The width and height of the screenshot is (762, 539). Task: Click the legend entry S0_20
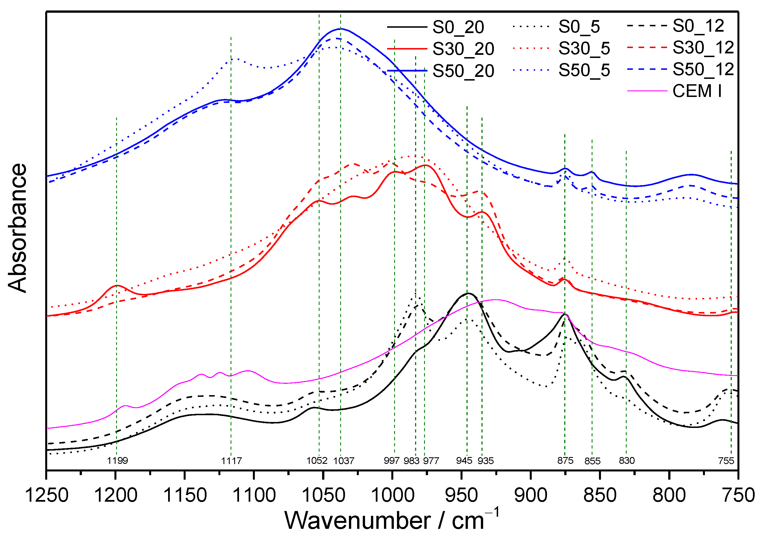coord(458,27)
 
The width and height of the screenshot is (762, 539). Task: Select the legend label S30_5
coord(584,49)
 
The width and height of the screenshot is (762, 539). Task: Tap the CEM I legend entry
coord(697,91)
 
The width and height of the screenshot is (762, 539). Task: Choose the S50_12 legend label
coord(703,70)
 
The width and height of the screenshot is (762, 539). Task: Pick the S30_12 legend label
coord(703,47)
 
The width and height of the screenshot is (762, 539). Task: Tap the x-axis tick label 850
coord(600,495)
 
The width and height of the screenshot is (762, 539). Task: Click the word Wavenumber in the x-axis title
coord(357,520)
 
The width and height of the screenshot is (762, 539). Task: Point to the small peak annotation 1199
coord(117,460)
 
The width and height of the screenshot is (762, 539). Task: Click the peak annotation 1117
coord(231,461)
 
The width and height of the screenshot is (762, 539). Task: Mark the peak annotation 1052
coord(317,460)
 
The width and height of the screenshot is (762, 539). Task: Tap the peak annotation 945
coord(464,460)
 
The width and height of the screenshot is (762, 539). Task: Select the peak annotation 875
coord(565,460)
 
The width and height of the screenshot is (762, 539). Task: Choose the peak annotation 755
coord(726,461)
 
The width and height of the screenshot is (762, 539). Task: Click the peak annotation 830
coord(627,460)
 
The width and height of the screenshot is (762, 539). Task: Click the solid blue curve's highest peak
coord(341,29)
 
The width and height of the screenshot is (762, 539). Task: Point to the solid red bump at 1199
coord(117,285)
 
